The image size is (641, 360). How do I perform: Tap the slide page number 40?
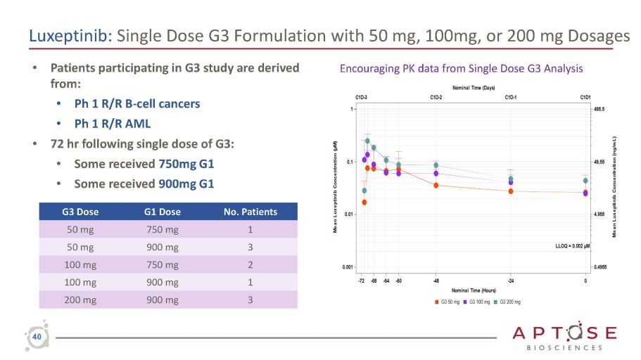pyautogui.click(x=36, y=338)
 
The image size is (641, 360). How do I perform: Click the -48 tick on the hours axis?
pyautogui.click(x=436, y=280)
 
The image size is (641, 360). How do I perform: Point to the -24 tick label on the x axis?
pyautogui.click(x=512, y=280)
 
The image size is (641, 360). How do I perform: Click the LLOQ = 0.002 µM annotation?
pyautogui.click(x=572, y=246)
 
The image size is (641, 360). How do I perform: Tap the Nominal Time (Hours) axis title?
pyautogui.click(x=474, y=290)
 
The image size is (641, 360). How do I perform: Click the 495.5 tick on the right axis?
pyautogui.click(x=600, y=110)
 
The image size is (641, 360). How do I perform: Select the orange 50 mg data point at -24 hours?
pyautogui.click(x=511, y=191)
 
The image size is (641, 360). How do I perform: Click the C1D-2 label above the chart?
pyautogui.click(x=436, y=97)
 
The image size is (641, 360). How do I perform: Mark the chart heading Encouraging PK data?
pyautogui.click(x=462, y=69)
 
